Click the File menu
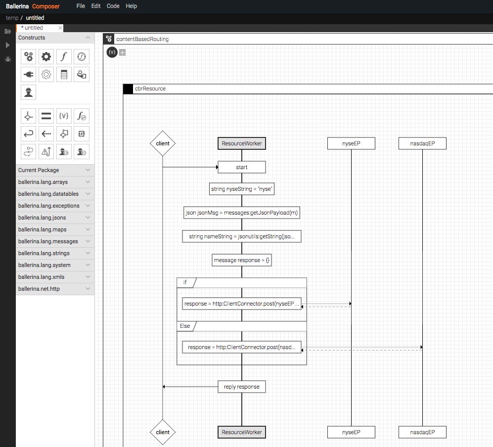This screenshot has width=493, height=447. [x=81, y=6]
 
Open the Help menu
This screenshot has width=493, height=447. [x=131, y=6]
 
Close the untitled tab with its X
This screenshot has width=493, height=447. [x=60, y=28]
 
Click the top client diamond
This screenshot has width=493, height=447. [x=163, y=143]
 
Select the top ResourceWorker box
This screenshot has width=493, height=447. [x=241, y=143]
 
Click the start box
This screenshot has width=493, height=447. [x=241, y=167]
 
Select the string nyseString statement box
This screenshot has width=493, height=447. [x=241, y=189]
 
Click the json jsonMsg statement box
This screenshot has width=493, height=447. [x=241, y=213]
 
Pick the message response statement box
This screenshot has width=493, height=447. [x=241, y=260]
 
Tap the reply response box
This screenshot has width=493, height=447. [x=241, y=387]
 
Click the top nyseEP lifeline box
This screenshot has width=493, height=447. [x=351, y=143]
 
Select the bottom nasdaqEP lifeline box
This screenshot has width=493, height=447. [x=422, y=432]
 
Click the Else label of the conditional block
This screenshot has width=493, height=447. [x=185, y=326]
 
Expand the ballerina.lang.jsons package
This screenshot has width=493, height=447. [x=55, y=218]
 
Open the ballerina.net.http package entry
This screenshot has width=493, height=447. [x=55, y=289]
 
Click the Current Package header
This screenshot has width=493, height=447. [x=55, y=170]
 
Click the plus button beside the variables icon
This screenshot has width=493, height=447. [x=123, y=52]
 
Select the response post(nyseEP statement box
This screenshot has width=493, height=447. [x=241, y=304]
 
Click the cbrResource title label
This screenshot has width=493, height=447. [x=150, y=89]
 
